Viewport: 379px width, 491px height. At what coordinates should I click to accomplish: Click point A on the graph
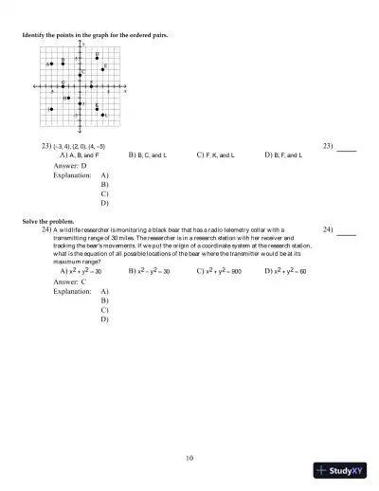tap(51, 64)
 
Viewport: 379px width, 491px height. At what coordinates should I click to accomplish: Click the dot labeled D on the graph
tap(97, 58)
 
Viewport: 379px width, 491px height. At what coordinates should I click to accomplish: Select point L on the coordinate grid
tap(103, 116)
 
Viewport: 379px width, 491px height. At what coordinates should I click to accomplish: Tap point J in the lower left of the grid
tap(51, 109)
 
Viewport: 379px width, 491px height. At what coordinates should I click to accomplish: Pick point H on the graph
tap(68, 98)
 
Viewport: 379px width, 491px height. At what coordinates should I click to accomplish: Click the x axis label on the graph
tap(125, 90)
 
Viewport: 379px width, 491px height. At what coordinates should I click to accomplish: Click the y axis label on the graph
tap(83, 45)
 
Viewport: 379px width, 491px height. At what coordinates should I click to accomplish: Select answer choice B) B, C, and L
tap(148, 154)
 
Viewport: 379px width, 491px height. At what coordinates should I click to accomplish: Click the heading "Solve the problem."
tap(45, 221)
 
